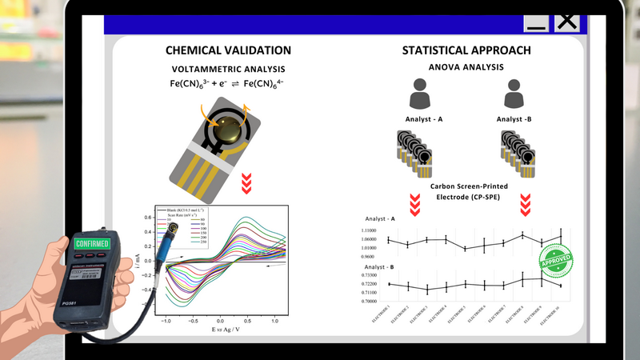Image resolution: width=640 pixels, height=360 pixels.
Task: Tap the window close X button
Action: [567, 20]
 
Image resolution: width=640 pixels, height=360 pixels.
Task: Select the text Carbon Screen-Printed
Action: [472, 186]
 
